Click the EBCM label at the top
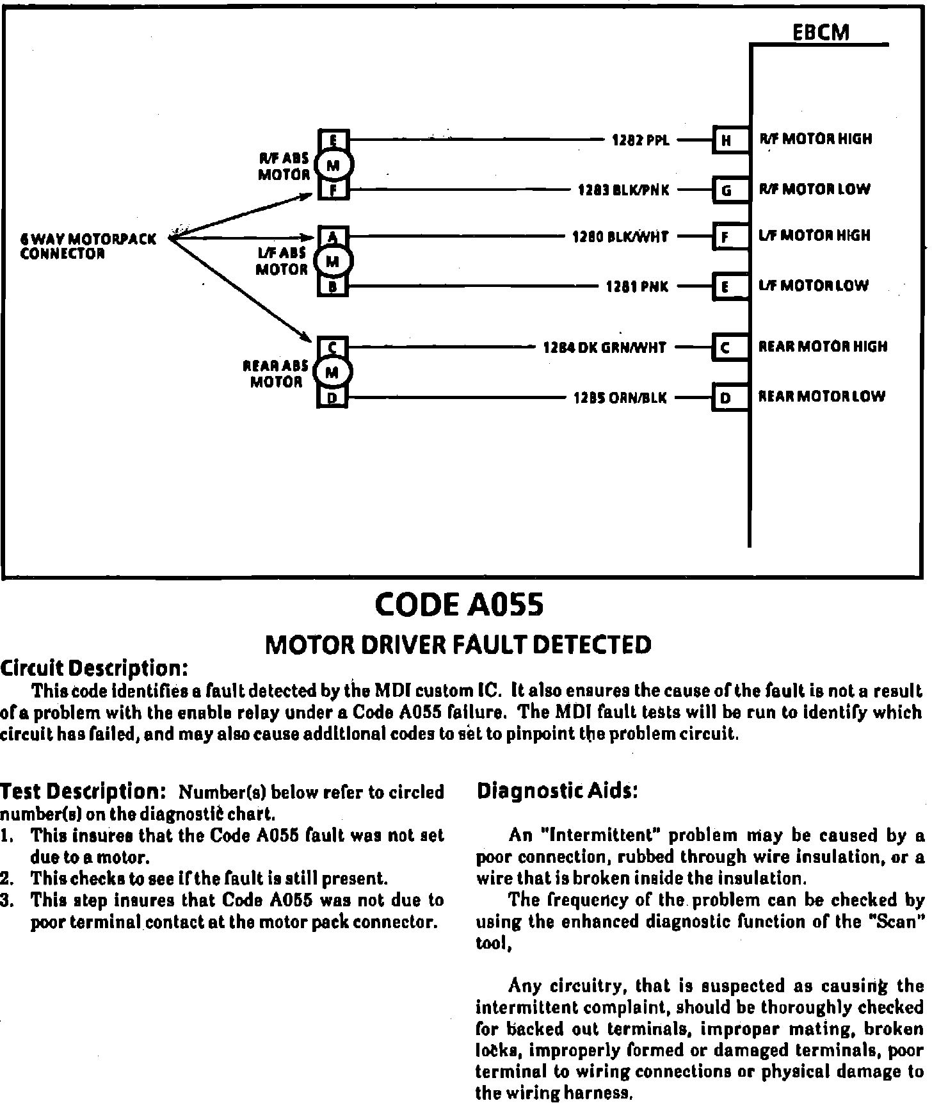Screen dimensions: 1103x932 (x=821, y=33)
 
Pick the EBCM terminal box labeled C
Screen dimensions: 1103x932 (x=726, y=348)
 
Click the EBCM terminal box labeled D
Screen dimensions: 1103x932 (x=726, y=398)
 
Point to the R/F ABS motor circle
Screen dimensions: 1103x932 (x=333, y=165)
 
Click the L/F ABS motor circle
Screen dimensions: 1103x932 (x=333, y=261)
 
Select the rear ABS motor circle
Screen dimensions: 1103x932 (x=333, y=372)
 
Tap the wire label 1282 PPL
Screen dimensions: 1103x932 (x=641, y=140)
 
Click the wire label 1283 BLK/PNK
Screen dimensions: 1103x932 (x=623, y=190)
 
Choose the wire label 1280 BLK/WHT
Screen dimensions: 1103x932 (x=620, y=237)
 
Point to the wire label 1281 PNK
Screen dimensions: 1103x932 (x=637, y=287)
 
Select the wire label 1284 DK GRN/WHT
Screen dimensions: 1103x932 (x=605, y=348)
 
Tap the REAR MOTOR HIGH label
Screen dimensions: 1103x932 (x=823, y=347)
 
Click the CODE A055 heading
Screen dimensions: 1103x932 (x=459, y=604)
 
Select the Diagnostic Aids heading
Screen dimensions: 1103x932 (x=558, y=791)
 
